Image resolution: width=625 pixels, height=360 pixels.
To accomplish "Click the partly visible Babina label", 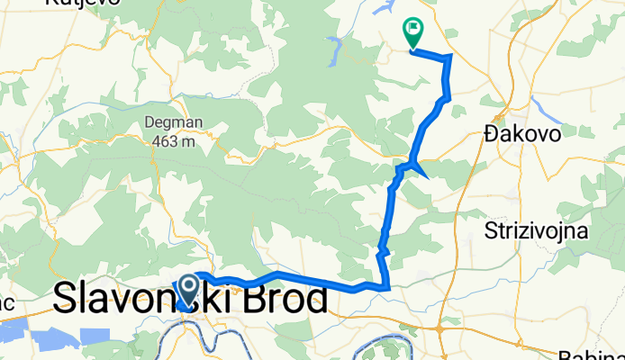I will pyautogui.click(x=584, y=354).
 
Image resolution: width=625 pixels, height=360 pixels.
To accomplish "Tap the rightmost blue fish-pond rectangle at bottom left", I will pyautogui.click(x=94, y=336).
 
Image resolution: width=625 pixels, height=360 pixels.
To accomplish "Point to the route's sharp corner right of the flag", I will pyautogui.click(x=448, y=57).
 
